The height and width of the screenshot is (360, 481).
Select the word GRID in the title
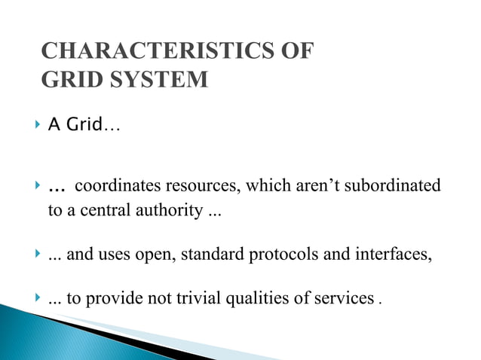pyautogui.click(x=67, y=80)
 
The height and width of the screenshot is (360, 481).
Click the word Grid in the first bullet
pyautogui.click(x=84, y=125)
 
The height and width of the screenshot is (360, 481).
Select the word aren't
pyautogui.click(x=320, y=185)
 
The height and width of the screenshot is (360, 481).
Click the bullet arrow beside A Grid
pyautogui.click(x=38, y=125)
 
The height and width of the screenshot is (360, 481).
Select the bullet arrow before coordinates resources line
pyautogui.click(x=38, y=185)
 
